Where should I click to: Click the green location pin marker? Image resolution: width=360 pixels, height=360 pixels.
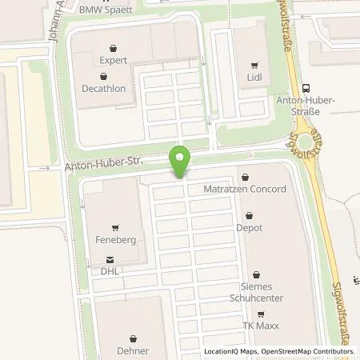181,162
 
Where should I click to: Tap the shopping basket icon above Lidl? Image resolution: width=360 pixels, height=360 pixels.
254,66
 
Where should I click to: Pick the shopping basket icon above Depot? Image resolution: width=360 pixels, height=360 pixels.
253,215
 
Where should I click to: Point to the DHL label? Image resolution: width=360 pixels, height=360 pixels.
110,270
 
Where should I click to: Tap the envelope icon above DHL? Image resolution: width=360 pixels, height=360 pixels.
110,259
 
